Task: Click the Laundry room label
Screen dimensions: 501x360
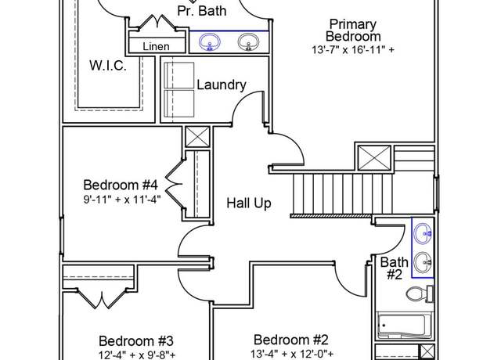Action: point(222,85)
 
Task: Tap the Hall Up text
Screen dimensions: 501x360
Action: point(249,203)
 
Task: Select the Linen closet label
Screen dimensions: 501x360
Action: point(156,47)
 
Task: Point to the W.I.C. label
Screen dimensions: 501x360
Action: point(108,66)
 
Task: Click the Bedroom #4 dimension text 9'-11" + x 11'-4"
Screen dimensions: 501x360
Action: point(122,200)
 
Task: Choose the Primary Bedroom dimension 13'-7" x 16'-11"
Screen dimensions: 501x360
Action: point(353,50)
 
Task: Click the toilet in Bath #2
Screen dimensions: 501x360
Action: point(420,294)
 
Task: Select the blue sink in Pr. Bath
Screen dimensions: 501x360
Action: point(210,42)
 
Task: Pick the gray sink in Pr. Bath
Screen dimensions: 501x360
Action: point(248,42)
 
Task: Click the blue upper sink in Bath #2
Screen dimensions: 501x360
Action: point(423,234)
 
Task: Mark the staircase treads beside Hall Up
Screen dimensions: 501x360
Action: point(342,194)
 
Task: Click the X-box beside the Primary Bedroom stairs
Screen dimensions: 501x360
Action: point(374,157)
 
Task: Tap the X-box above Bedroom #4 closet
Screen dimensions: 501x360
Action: point(198,137)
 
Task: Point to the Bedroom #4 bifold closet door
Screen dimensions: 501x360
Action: point(174,185)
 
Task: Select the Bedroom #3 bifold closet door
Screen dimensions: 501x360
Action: point(102,299)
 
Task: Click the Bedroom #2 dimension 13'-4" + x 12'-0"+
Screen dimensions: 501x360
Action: point(292,354)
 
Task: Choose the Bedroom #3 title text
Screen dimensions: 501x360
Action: point(136,341)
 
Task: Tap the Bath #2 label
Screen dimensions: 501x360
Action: point(395,268)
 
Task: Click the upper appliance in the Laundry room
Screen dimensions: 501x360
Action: point(179,75)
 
